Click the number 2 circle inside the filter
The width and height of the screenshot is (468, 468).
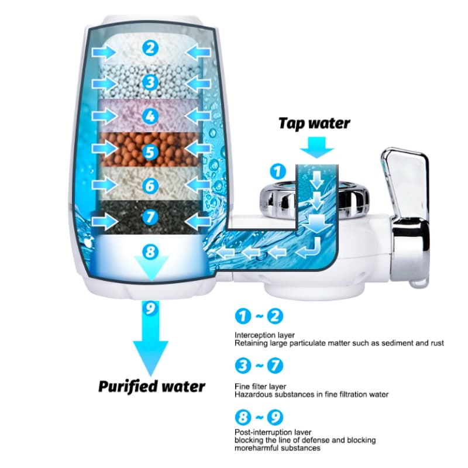pos(150,48)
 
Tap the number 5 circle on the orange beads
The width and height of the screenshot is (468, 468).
pos(150,152)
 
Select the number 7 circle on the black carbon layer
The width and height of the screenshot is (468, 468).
pos(150,216)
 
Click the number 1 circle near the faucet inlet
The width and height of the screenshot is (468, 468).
pos(278,171)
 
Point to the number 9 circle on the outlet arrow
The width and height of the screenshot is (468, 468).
pos(150,308)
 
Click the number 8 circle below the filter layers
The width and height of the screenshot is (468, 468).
pos(150,252)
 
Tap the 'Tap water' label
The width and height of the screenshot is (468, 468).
pos(314,123)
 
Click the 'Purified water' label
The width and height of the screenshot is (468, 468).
pos(152,387)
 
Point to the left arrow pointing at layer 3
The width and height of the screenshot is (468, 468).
pos(104,84)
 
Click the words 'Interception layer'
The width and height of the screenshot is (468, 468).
pos(264,335)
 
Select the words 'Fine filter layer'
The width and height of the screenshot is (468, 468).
pos(260,387)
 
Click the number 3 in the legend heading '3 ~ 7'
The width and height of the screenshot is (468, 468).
pos(243,366)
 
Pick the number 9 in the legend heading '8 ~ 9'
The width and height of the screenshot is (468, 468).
pos(274,417)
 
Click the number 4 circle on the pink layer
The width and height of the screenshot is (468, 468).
pos(150,116)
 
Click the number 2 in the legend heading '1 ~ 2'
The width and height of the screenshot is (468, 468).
pos(274,316)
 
